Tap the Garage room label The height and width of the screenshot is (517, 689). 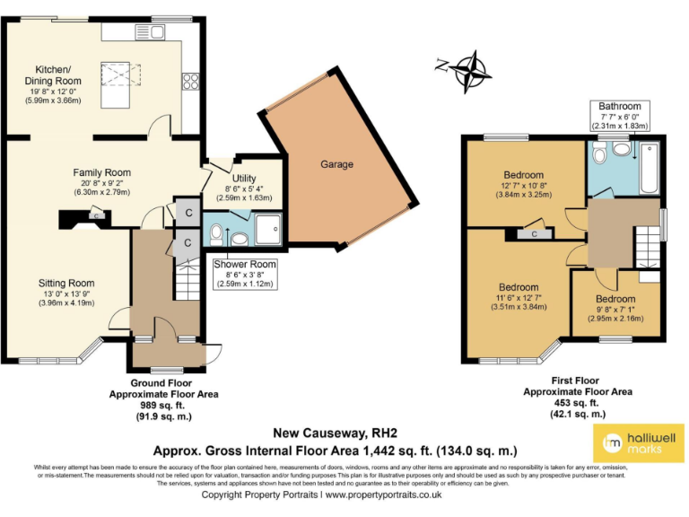336,164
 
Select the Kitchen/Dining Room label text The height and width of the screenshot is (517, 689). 57,75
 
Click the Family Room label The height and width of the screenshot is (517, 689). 101,172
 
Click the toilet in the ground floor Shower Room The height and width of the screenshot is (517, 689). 217,233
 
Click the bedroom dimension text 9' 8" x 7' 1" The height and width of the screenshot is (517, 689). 618,309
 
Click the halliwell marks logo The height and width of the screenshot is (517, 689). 632,441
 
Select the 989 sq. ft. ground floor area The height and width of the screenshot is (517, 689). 150,405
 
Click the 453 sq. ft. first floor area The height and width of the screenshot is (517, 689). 577,402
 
